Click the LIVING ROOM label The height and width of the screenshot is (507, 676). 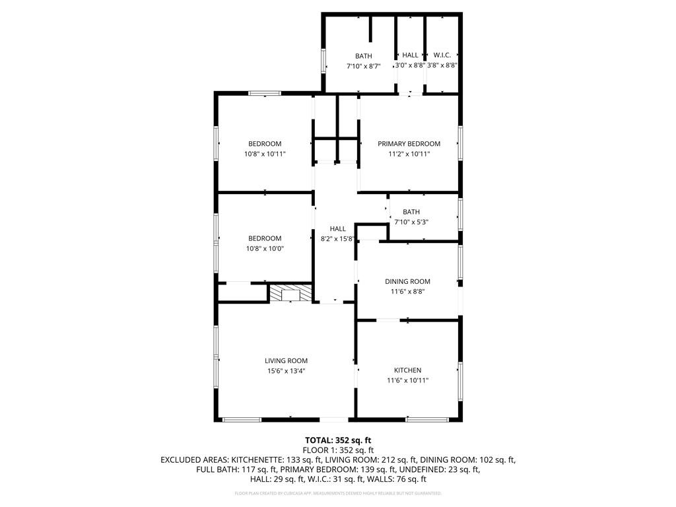click(286, 360)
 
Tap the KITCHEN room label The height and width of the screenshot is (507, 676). click(407, 370)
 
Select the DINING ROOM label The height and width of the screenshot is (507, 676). click(407, 281)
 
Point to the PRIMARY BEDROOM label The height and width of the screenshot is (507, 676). click(409, 144)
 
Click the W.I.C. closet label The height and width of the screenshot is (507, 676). click(442, 55)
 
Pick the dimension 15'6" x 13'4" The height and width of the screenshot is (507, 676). click(286, 371)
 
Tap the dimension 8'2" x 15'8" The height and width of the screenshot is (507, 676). click(337, 239)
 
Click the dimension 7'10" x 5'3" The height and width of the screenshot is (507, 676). click(411, 222)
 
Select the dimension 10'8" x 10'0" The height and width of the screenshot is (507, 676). click(265, 249)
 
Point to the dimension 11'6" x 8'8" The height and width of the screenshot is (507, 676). click(407, 291)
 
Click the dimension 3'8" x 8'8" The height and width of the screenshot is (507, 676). click(442, 65)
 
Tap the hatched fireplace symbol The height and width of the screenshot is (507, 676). click(290, 293)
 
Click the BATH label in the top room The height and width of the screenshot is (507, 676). click(363, 56)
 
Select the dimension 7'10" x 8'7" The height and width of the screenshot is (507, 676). click(364, 66)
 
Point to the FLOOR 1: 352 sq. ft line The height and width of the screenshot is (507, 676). click(337, 450)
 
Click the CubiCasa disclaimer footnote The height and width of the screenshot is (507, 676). click(338, 493)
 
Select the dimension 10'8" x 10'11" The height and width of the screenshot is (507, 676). click(265, 154)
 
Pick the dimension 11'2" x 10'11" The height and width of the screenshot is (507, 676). click(409, 154)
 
